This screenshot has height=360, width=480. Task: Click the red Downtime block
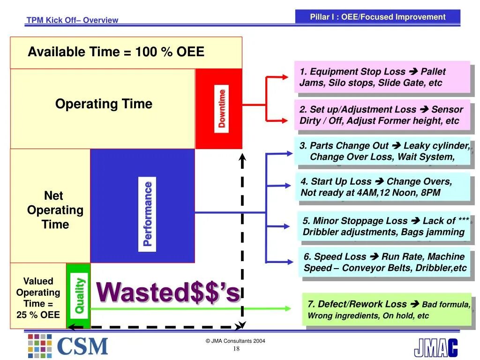coord(219,109)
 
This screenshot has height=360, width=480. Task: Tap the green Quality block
coord(78,295)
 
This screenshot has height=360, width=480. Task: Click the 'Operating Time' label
coord(104,104)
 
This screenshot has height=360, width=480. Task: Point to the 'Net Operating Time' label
coord(55,210)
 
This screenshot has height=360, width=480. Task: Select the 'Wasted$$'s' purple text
coord(168,293)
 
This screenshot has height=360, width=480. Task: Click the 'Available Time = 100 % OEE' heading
coord(116,52)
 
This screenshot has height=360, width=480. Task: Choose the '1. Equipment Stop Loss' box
coord(382,77)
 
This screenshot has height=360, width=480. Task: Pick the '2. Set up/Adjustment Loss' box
coord(382,115)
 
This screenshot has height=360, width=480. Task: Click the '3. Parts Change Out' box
coord(382,151)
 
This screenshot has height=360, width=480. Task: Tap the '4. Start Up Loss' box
coord(382,187)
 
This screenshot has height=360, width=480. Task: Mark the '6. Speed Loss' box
coord(384,262)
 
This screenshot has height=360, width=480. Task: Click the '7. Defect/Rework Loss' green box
coord(387,309)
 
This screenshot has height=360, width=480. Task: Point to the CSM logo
coord(68,346)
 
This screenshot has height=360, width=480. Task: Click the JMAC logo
coord(435,347)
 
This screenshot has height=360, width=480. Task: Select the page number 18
coord(236,349)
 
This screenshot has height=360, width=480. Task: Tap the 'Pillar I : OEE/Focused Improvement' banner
coord(378,17)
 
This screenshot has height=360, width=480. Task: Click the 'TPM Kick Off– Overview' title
coord(72,20)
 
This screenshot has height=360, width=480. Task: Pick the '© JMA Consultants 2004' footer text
coord(235,341)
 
